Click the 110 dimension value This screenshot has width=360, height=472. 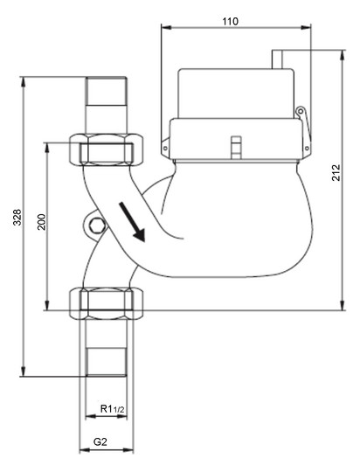(231, 21)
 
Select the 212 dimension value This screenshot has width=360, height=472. (336, 172)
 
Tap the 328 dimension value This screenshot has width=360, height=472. (17, 217)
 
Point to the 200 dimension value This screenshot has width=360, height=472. (41, 222)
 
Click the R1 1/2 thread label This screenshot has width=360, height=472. (112, 409)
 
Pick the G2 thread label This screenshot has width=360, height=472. (100, 442)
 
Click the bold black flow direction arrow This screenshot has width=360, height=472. (132, 222)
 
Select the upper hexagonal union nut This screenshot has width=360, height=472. (107, 149)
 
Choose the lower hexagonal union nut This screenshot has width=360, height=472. (107, 303)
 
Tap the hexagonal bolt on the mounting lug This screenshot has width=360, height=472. (97, 226)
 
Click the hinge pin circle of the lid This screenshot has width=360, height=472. (300, 112)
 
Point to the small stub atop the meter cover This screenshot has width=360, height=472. (277, 59)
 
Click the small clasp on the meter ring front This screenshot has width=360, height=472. (236, 147)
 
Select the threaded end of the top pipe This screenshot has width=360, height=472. (107, 91)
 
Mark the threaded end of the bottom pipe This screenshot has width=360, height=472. (107, 362)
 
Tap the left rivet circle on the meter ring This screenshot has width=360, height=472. (165, 149)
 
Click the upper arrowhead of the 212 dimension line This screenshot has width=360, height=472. (343, 55)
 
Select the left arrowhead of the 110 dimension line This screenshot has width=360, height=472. (166, 27)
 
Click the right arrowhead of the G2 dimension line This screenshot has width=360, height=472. (128, 450)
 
